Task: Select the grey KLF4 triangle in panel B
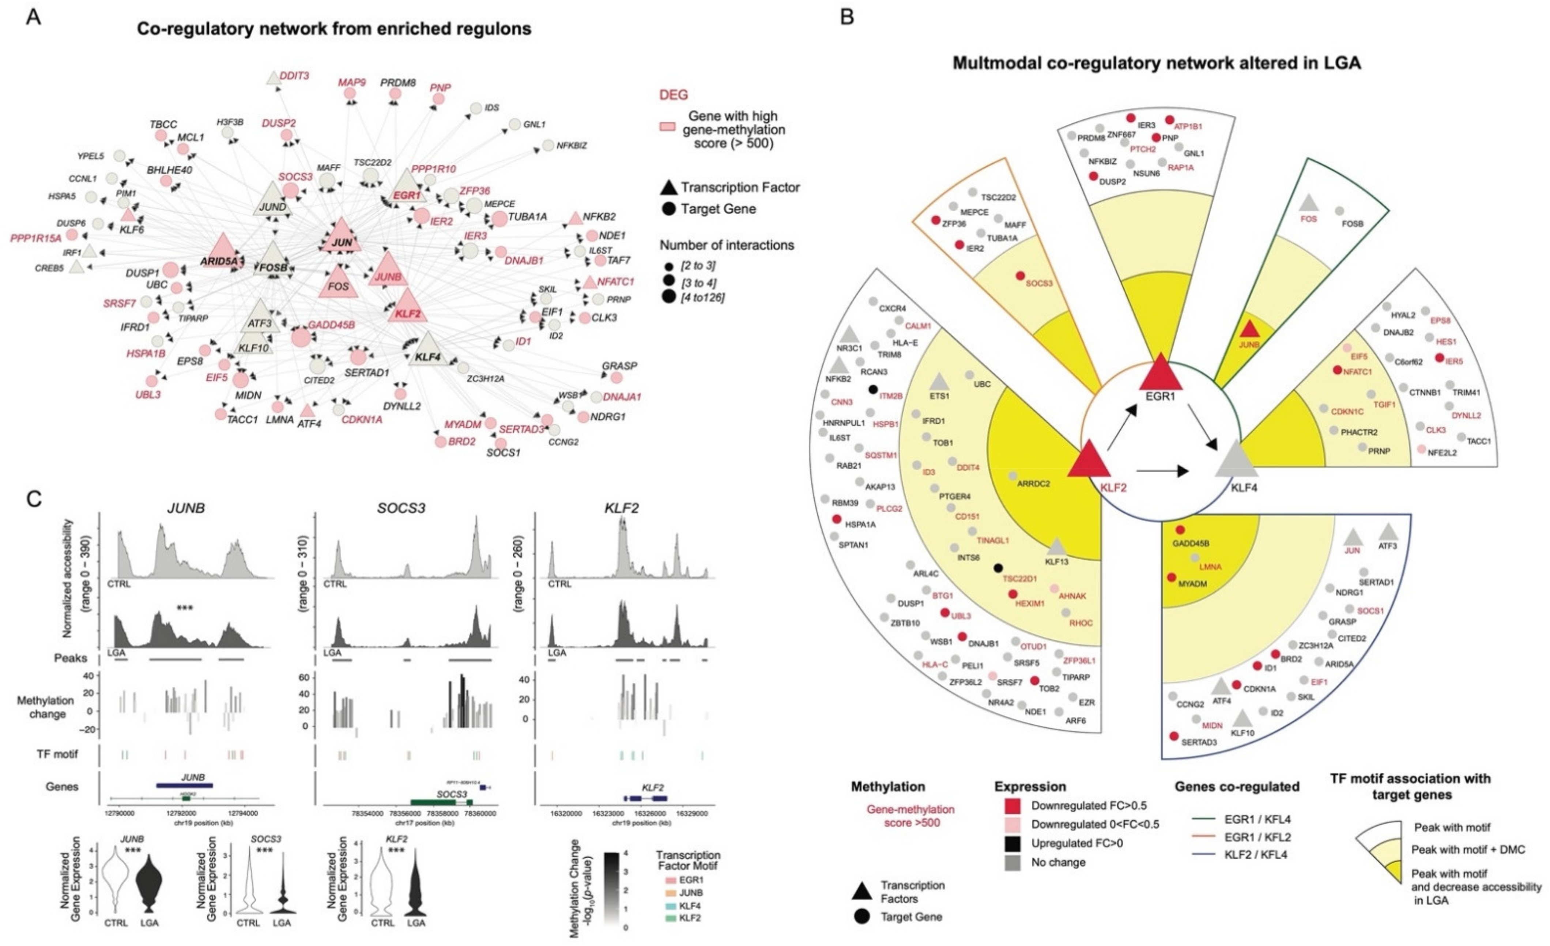1236,461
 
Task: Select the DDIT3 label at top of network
294,75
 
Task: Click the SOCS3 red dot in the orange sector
1020,275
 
